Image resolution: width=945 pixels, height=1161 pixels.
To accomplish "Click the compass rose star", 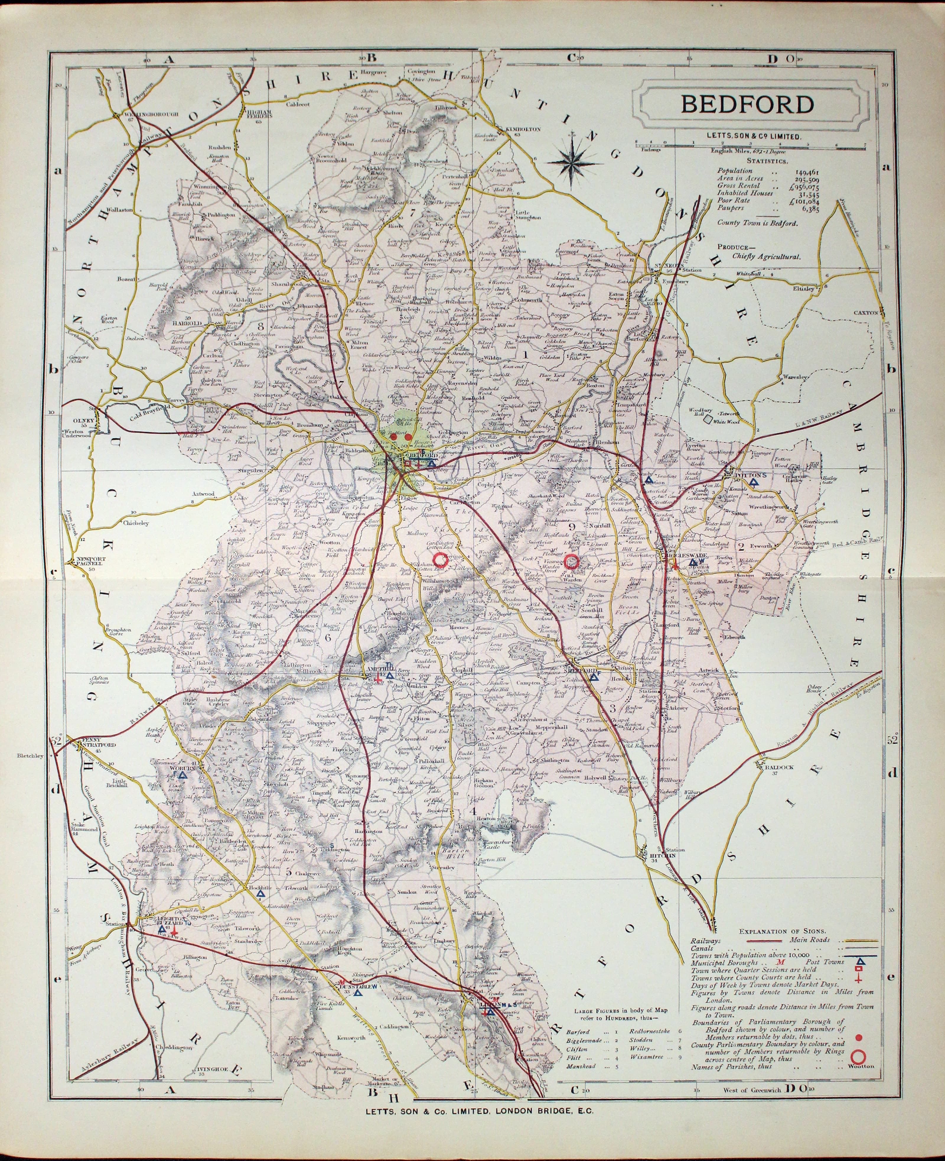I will point(571,158).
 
